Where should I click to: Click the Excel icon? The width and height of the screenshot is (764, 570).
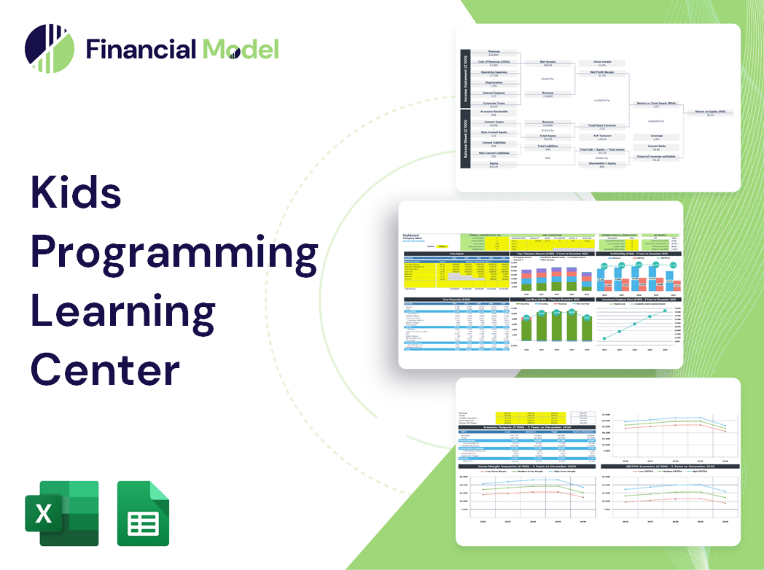click(x=62, y=513)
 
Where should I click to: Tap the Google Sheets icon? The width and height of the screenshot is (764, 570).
click(x=143, y=513)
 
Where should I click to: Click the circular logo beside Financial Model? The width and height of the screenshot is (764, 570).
click(x=50, y=49)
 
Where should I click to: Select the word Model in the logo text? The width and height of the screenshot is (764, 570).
click(x=241, y=49)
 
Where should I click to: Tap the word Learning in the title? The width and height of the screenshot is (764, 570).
click(x=122, y=311)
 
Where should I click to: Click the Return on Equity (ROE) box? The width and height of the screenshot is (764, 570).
click(x=709, y=113)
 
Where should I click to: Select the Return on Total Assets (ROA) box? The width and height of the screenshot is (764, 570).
click(x=655, y=105)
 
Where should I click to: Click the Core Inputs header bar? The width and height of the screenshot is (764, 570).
click(x=456, y=254)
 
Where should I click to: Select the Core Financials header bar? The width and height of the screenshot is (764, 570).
click(x=456, y=299)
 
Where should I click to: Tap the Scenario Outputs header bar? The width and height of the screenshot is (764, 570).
click(x=526, y=427)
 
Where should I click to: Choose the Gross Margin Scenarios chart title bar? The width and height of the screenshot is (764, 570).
click(x=526, y=465)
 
